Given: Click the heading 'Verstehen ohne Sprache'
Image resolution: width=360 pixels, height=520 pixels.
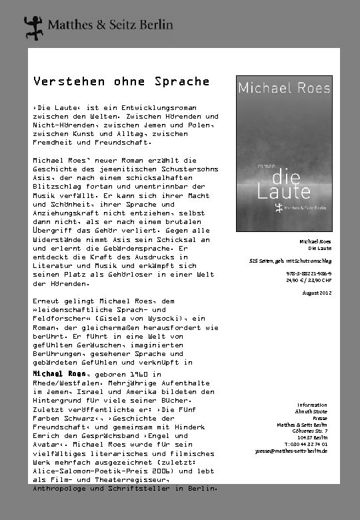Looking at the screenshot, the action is tap(121, 82).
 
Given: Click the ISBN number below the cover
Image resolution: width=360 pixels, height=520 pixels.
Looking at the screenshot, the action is tap(310, 273).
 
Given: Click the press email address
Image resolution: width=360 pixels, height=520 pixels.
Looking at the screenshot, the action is tap(291, 451).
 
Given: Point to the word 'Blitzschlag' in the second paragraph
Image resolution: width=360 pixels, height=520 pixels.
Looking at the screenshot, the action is tap(61, 187).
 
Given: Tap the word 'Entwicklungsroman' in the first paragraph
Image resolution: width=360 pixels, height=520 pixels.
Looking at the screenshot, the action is tap(149, 107).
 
